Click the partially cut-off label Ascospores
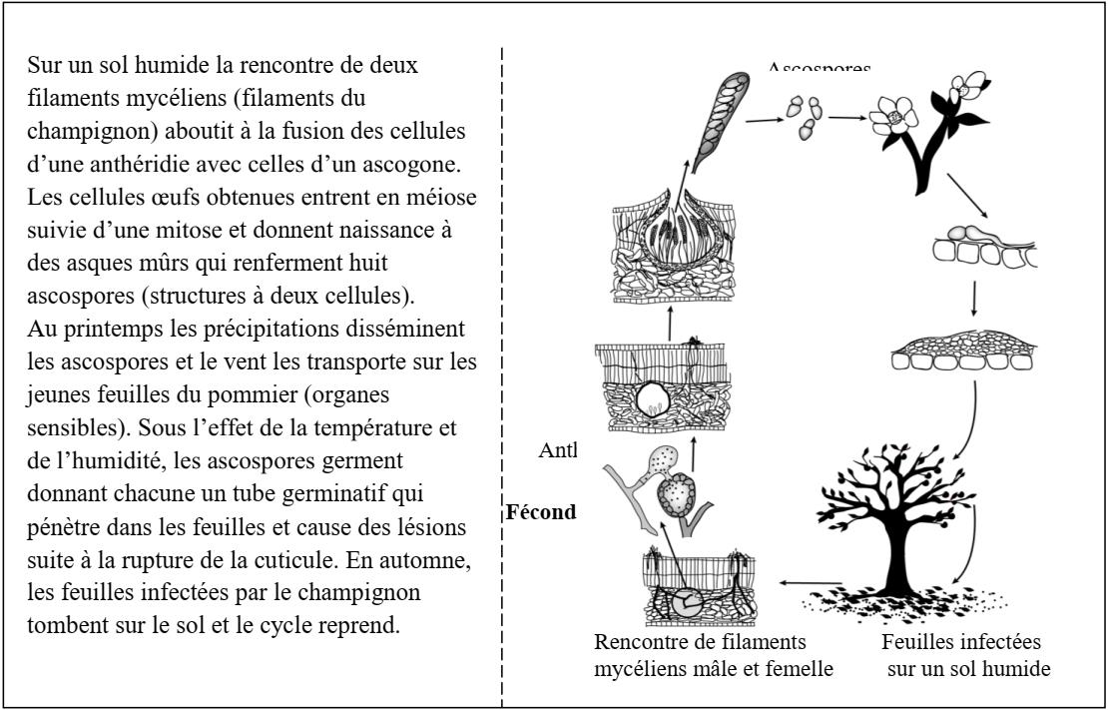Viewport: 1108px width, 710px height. pyautogui.click(x=819, y=68)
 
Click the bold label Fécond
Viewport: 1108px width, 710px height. pyautogui.click(x=543, y=511)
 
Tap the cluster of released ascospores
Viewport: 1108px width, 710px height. pyautogui.click(x=806, y=117)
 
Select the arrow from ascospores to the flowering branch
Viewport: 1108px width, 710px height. pyautogui.click(x=846, y=118)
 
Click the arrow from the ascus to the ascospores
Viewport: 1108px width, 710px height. pyautogui.click(x=764, y=120)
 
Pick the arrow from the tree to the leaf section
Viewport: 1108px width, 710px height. pyautogui.click(x=810, y=583)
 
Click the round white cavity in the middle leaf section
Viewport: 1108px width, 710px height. pyautogui.click(x=656, y=399)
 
